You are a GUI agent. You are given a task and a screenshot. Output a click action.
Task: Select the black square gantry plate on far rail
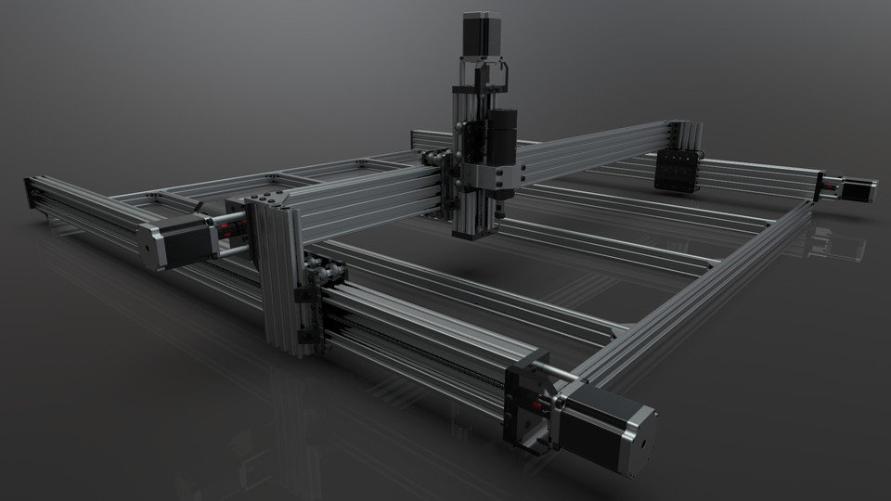point(677,171)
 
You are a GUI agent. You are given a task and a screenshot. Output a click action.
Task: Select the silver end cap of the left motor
point(152,246)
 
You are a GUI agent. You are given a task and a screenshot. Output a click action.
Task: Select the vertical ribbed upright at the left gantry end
point(279,278)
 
